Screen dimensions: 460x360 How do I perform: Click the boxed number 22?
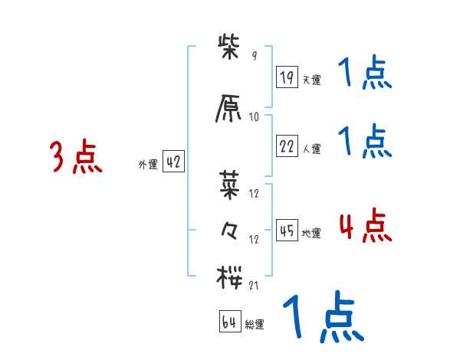pyautogui.click(x=287, y=147)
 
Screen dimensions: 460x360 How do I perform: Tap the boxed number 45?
pyautogui.click(x=287, y=231)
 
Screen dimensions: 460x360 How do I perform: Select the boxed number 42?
pyautogui.click(x=173, y=162)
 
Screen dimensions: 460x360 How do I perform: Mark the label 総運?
pyautogui.click(x=255, y=325)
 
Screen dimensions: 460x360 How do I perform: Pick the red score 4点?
pyautogui.click(x=364, y=226)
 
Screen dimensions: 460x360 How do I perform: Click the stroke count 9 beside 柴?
pyautogui.click(x=254, y=56)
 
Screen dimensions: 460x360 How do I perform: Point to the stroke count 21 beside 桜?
pyautogui.click(x=254, y=285)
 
